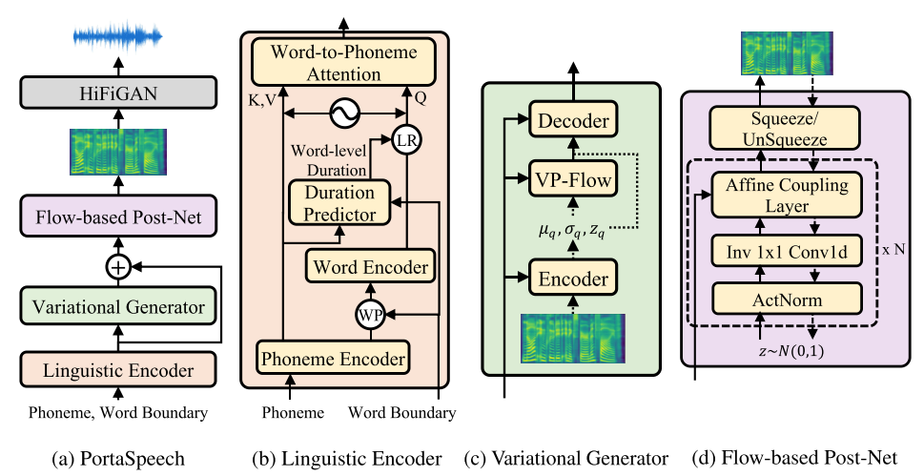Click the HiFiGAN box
tap(118, 93)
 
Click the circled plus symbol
tap(118, 268)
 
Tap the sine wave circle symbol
tap(340, 114)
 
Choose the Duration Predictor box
tap(339, 203)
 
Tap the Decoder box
tap(573, 121)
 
